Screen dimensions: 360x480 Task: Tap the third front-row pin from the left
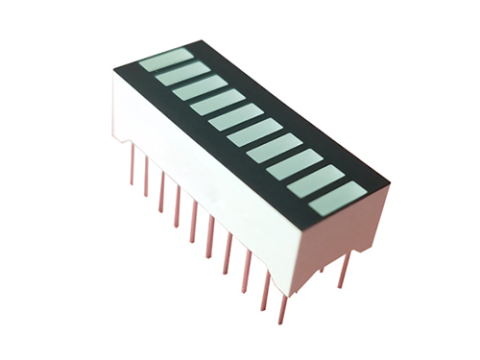(161, 197)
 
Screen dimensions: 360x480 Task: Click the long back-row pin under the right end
(344, 270)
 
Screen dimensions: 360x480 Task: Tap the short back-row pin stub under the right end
(322, 268)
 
